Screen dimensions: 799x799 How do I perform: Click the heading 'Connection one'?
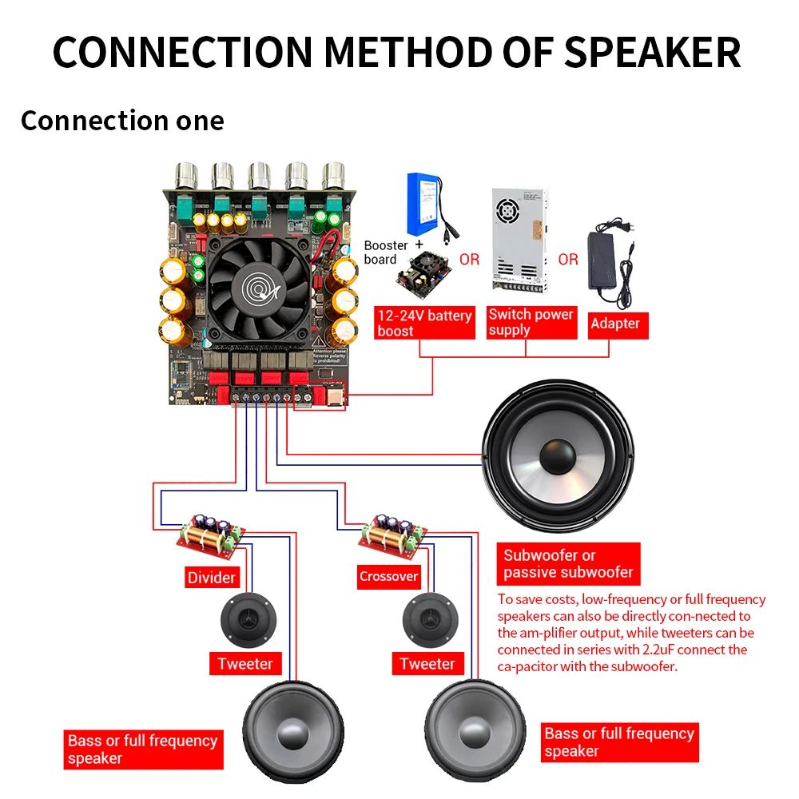point(122,121)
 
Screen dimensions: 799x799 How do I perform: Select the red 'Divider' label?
point(212,577)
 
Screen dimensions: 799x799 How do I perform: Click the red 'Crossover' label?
point(388,576)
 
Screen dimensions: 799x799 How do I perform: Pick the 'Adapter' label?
point(614,324)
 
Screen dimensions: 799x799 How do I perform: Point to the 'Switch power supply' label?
point(531,322)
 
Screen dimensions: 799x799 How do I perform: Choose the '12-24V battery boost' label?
point(424,323)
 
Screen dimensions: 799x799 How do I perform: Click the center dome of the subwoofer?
point(558,455)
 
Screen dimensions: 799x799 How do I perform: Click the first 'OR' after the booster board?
point(470,260)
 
